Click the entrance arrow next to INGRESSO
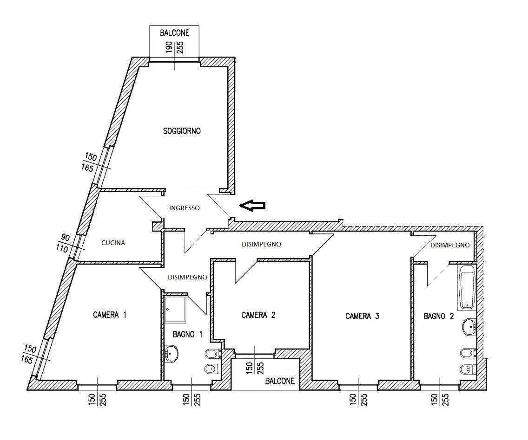252,205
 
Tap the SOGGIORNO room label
182,131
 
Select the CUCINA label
113,243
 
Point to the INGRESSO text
184,208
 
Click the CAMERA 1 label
110,315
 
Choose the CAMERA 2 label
258,315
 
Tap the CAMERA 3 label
363,316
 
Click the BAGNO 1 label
188,335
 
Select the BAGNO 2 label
439,316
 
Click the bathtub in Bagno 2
467,287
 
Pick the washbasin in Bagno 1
171,354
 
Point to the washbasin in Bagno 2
469,327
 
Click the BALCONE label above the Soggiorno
174,32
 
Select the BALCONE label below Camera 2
280,381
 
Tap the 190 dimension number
169,47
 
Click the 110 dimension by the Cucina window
62,249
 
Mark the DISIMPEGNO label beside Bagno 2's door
450,245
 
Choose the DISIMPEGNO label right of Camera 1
187,277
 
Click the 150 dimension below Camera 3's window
352,400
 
